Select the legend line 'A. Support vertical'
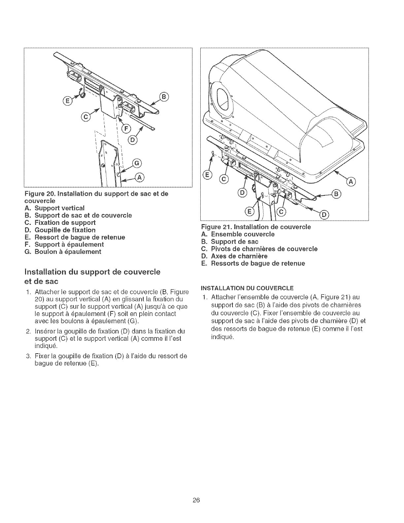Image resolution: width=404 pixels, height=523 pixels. click(x=55, y=208)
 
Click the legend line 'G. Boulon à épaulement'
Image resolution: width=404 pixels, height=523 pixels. click(x=63, y=252)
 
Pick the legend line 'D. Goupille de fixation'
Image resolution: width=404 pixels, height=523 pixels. click(x=60, y=230)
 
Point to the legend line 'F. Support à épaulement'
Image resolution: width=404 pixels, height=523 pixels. click(x=64, y=245)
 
